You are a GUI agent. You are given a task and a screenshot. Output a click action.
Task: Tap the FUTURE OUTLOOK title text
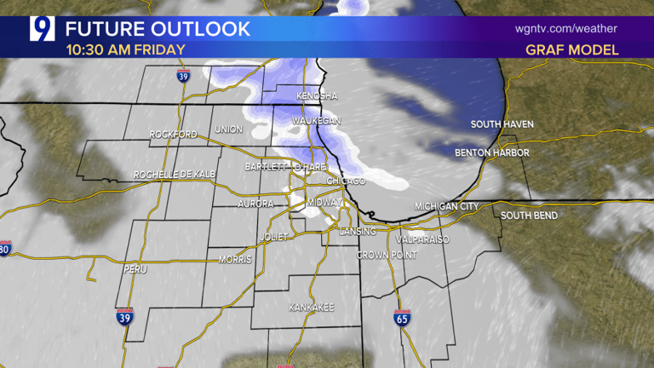158,28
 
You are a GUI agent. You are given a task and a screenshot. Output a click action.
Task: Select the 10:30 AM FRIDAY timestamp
125,49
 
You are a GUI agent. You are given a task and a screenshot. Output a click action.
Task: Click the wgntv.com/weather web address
566,28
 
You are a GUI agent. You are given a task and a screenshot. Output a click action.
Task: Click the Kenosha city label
318,96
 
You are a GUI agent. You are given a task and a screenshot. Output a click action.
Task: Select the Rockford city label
173,135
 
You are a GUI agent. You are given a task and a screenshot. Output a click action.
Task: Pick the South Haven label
502,125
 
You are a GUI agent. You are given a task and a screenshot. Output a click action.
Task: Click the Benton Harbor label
491,153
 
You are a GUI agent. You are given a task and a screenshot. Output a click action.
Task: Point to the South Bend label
529,216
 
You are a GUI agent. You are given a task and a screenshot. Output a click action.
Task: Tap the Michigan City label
447,207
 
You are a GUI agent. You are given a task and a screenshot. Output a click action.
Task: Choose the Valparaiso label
422,239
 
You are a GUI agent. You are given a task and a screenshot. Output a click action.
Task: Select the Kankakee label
311,307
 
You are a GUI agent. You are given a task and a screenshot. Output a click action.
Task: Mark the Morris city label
235,259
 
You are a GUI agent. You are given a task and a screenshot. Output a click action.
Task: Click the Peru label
129,269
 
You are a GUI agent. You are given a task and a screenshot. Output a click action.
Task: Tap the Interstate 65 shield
401,318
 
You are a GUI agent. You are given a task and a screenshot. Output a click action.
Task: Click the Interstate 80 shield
4,249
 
